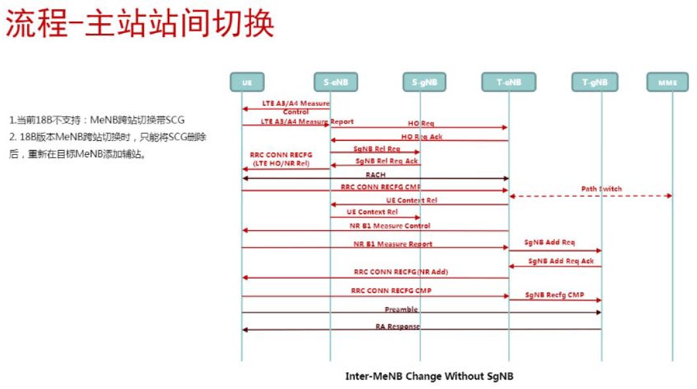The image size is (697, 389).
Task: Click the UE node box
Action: [246, 82]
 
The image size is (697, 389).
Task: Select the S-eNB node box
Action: [336, 82]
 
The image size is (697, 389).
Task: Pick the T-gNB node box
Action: [595, 82]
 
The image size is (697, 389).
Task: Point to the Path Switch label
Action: [601, 189]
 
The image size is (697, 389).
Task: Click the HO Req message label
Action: [420, 124]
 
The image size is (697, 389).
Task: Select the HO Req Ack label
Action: [420, 136]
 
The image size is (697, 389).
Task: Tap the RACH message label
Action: [375, 175]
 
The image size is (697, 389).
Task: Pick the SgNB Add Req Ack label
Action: [561, 261]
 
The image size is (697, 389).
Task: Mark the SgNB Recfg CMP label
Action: [554, 295]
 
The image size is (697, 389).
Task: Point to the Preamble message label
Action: [401, 309]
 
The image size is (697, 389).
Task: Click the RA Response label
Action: [398, 327]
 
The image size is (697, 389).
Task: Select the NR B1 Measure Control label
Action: [390, 226]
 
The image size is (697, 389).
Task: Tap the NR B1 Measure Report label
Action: [392, 244]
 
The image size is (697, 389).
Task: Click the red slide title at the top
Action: [139, 24]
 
